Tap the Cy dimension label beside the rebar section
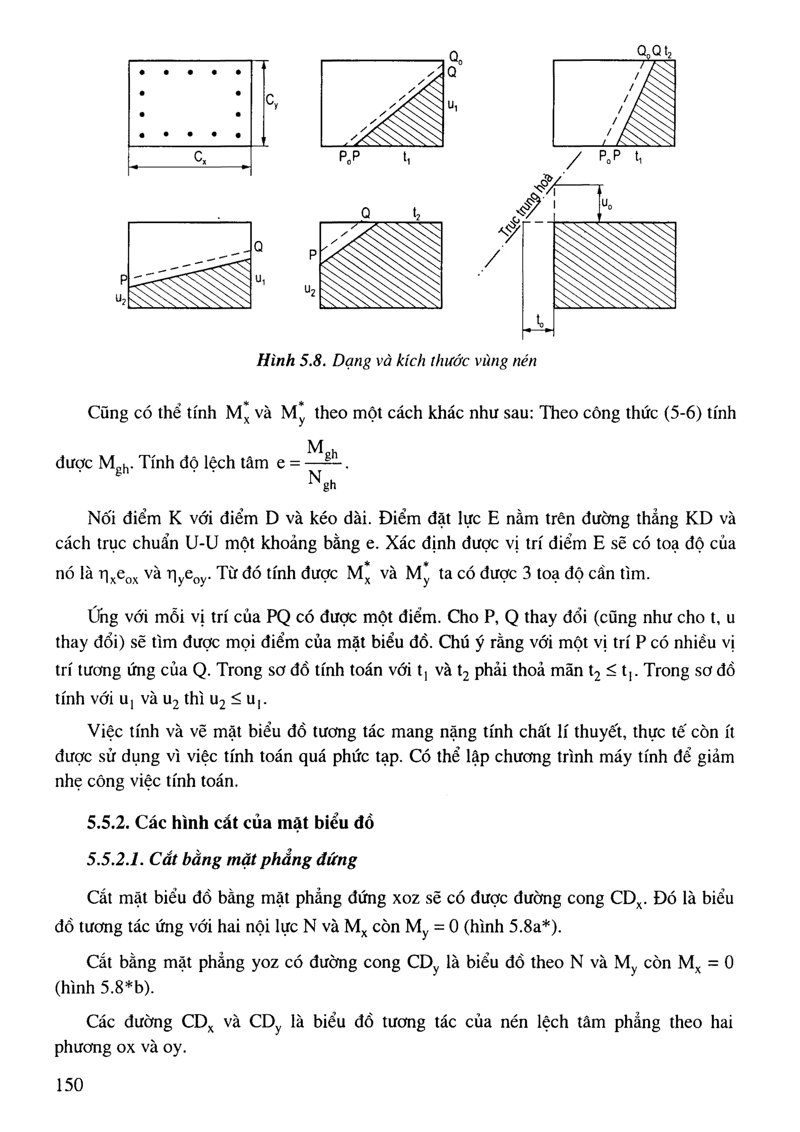coord(271,101)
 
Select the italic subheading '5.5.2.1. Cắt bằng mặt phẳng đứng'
coord(222,859)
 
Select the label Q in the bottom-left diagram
coord(258,246)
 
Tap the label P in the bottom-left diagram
coord(123,280)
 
